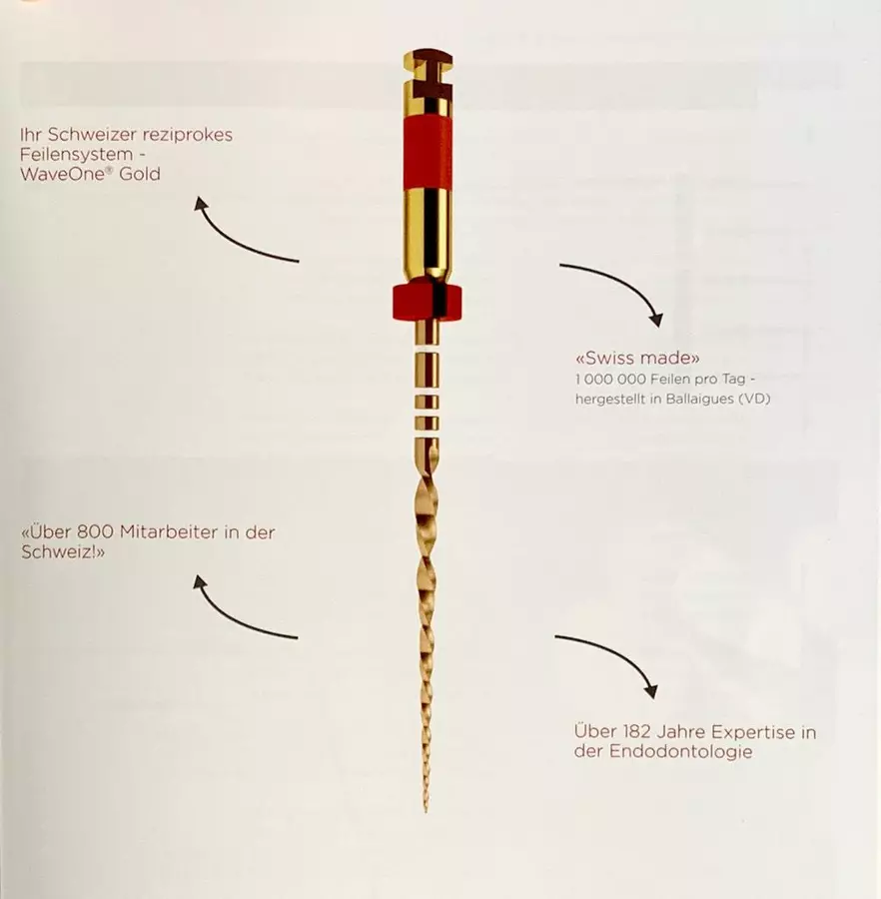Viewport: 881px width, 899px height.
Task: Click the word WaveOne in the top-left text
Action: coord(63,174)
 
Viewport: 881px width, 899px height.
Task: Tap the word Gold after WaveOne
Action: coord(139,174)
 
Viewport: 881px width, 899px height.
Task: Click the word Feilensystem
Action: coord(76,155)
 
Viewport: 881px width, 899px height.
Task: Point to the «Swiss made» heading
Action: coord(637,358)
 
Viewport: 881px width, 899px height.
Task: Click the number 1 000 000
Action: coord(610,379)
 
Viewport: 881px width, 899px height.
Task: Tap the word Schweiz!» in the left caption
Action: coord(63,552)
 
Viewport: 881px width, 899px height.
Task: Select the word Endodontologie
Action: coord(680,751)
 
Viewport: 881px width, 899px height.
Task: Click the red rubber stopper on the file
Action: coord(428,302)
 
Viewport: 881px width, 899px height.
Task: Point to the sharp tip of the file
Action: coord(426,811)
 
